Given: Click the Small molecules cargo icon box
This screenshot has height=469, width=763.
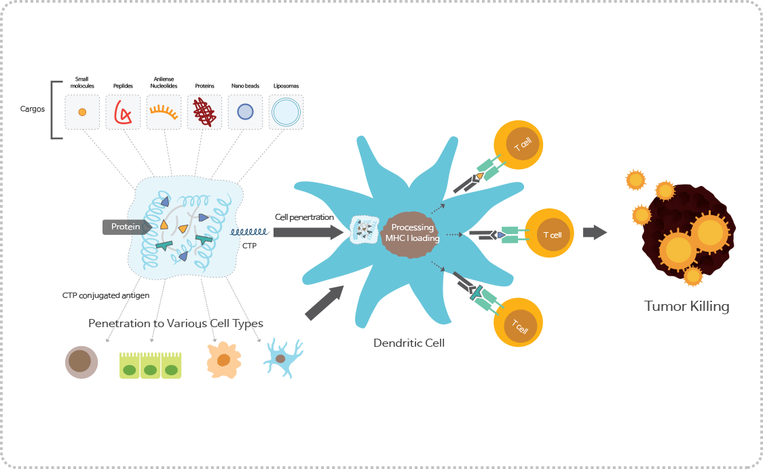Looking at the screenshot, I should [82, 112].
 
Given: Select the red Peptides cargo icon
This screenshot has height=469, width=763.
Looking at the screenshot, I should [123, 112].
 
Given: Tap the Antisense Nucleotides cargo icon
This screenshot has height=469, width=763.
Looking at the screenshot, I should [164, 112].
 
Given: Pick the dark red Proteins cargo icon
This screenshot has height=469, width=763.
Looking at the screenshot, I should [204, 112].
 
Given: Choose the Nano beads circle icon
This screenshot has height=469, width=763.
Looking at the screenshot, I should [245, 112].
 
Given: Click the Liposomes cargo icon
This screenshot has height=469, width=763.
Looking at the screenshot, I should [286, 112].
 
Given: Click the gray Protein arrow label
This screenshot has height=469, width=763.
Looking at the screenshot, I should [126, 227].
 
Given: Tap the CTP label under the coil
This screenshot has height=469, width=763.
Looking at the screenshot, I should [249, 246].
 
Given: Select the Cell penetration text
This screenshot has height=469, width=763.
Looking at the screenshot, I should [304, 217].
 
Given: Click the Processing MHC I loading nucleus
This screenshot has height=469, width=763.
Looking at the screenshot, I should [412, 233].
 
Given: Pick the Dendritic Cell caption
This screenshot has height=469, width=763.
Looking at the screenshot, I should [409, 343].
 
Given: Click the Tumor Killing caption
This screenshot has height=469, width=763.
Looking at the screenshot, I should [686, 306].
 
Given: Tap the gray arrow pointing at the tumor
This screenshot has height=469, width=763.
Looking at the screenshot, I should [595, 232].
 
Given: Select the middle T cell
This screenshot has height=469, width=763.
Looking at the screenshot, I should [551, 234].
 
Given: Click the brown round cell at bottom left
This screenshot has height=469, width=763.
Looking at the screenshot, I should [82, 361].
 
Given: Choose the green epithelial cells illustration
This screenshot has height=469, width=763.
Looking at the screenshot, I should [151, 365].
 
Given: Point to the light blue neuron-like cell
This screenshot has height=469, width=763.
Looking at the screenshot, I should [282, 358].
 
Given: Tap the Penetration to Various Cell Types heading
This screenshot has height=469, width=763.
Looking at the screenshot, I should [176, 323].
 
